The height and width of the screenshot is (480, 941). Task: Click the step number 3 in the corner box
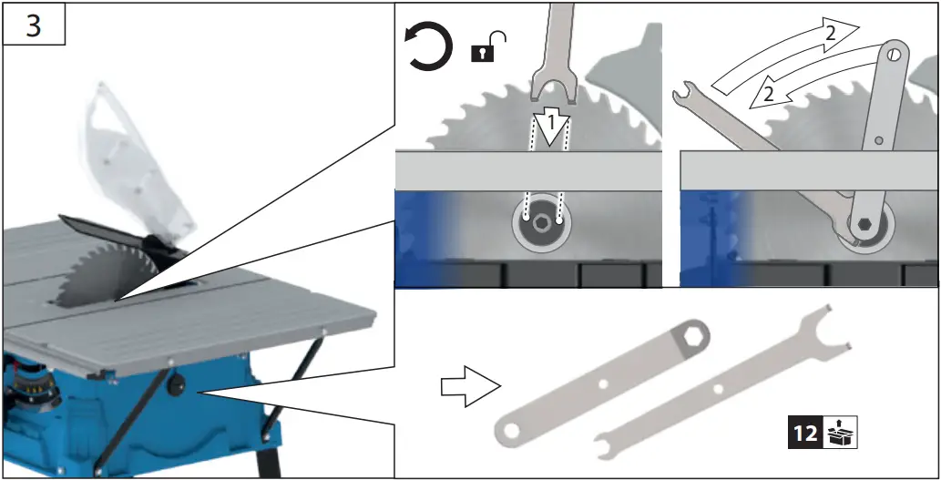[33, 25]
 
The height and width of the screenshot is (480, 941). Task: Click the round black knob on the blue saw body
[172, 388]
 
